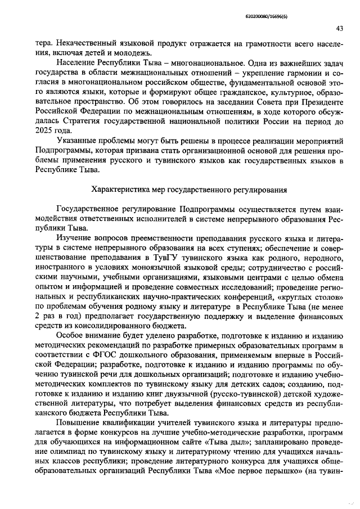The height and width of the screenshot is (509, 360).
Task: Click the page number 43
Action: coord(339,29)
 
